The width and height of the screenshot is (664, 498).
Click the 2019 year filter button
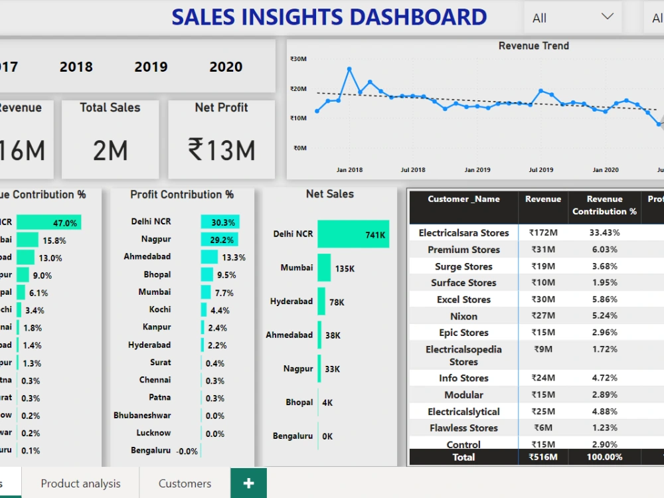(x=151, y=66)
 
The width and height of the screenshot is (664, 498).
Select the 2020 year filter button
(x=226, y=66)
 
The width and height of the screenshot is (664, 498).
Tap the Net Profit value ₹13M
(x=222, y=150)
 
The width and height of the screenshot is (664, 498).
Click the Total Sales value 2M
(x=110, y=151)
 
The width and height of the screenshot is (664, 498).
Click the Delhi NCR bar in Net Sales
(x=353, y=234)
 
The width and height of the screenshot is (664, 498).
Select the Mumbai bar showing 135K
(x=324, y=268)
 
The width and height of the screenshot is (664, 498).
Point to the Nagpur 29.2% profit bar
(x=219, y=239)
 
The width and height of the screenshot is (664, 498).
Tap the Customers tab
(x=185, y=483)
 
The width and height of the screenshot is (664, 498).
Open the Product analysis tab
(x=80, y=483)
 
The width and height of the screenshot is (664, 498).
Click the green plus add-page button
(x=248, y=483)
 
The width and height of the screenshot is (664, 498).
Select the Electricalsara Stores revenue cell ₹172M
(x=542, y=233)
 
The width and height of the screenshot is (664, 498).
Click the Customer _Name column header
(x=463, y=199)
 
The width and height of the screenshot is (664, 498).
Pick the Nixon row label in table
(x=463, y=316)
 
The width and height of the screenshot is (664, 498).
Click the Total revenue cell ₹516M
(x=542, y=457)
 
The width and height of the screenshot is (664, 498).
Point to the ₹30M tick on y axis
(x=298, y=59)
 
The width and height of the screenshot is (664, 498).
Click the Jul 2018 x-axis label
(x=413, y=170)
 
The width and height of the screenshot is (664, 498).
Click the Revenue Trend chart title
(x=533, y=46)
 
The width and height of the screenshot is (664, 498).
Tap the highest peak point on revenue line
(x=349, y=69)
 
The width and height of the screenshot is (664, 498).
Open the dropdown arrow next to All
(x=607, y=17)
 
